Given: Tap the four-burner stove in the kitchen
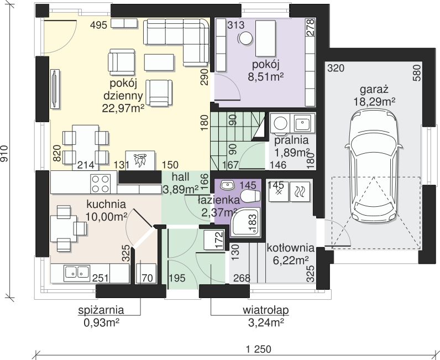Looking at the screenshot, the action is tap(101, 183).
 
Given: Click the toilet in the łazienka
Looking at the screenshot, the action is tap(250, 196).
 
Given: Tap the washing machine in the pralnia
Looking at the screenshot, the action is tap(280, 123).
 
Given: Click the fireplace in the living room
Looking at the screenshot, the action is tap(140, 160).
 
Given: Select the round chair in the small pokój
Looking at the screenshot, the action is tap(245, 39).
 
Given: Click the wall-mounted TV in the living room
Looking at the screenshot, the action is tap(55, 88).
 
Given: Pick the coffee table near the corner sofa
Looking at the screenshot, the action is tap(159, 62).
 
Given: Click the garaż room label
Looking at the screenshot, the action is tap(374, 90).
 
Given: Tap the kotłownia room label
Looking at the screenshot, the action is tap(290, 248).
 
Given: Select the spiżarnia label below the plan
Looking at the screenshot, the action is tap(101, 310).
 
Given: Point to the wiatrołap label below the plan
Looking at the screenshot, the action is tap(265, 310).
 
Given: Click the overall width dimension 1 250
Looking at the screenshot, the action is tap(259, 349).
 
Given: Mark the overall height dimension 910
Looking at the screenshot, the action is tap(4, 154).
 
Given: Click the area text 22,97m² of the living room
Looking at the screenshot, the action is tap(123, 108).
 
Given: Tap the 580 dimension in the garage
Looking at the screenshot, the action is tap(417, 73).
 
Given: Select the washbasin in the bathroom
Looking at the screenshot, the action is tap(228, 185).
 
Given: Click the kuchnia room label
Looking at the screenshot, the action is tap(106, 204).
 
